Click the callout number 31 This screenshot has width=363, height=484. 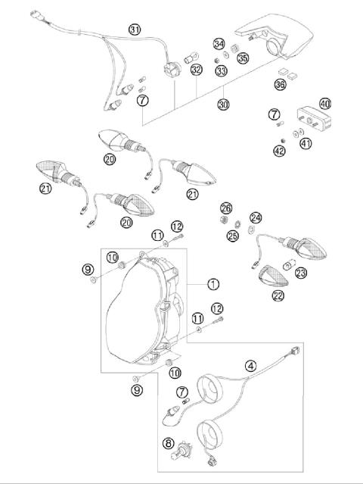(135, 30)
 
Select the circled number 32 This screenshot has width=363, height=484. (197, 70)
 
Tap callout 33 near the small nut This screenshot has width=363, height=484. (221, 70)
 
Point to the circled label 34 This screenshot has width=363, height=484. (219, 43)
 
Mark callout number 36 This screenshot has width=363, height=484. (281, 85)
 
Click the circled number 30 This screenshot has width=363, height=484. (223, 105)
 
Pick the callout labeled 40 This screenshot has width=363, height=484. (325, 103)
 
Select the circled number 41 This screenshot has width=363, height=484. (306, 142)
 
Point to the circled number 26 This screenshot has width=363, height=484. (225, 208)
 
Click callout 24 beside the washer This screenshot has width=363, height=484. (256, 217)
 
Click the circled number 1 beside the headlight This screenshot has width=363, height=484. (213, 285)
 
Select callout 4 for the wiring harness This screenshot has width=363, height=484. (250, 364)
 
